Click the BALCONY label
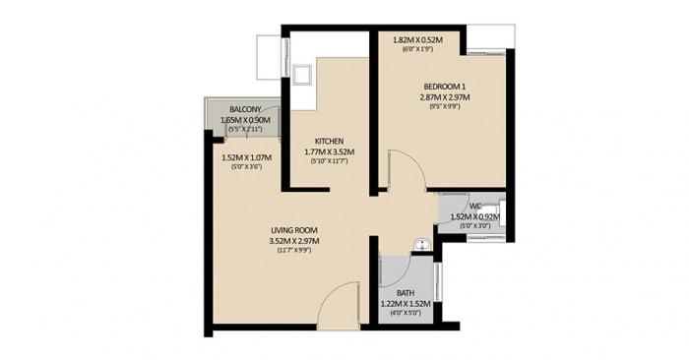(245, 108)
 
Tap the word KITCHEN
(329, 140)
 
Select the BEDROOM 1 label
(443, 87)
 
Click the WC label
(474, 206)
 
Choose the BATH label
(406, 293)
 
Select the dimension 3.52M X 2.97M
(294, 241)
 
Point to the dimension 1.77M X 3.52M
(329, 151)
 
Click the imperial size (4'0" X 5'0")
(405, 315)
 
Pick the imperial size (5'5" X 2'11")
(245, 130)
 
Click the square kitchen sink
(302, 74)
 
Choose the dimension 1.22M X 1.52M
(406, 305)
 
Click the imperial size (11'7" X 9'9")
(294, 252)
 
